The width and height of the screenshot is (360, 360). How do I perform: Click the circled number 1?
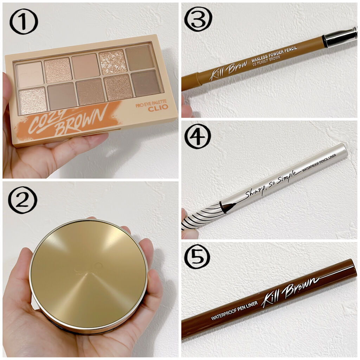point(24,23)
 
